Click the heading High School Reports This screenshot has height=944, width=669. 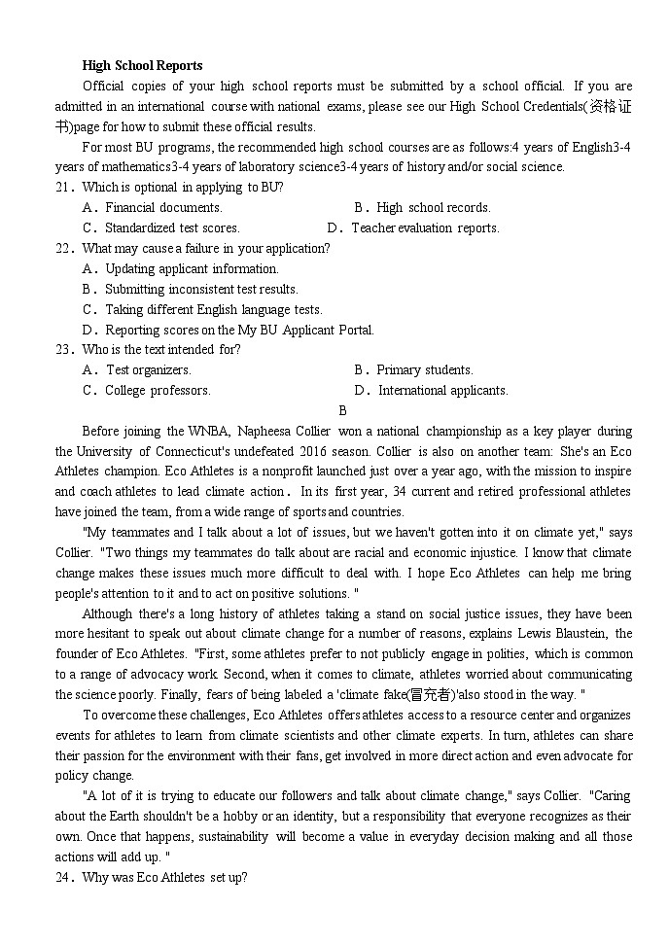point(142,65)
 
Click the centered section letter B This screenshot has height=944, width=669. point(342,410)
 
